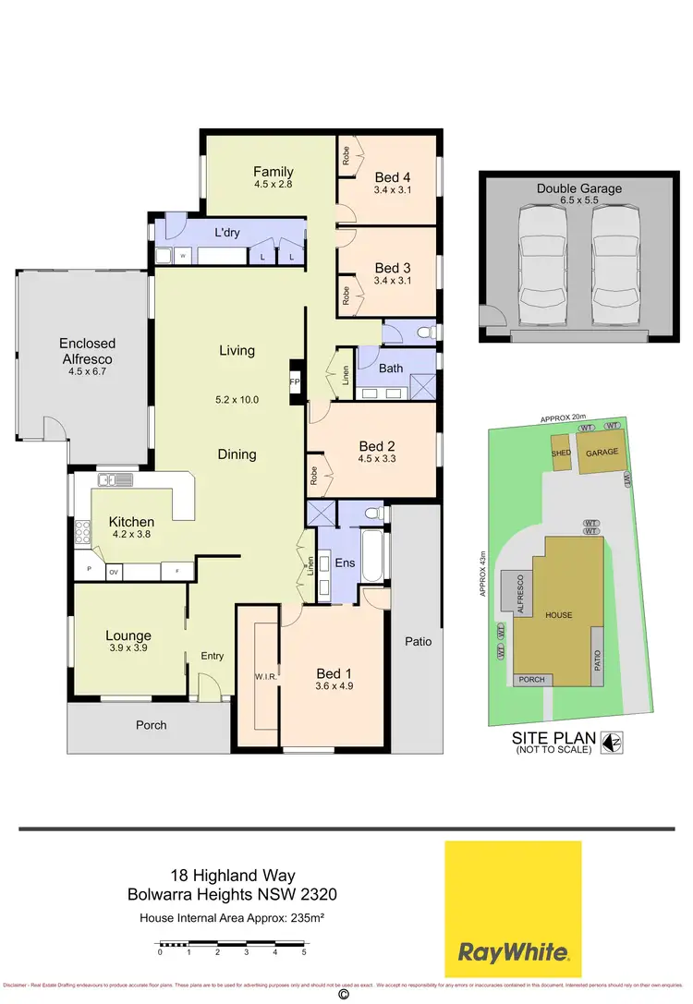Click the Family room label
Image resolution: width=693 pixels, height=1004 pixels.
point(274,171)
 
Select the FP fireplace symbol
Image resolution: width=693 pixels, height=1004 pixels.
point(295,381)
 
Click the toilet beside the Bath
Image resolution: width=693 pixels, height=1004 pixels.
point(424,332)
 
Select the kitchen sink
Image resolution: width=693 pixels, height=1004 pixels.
point(115,479)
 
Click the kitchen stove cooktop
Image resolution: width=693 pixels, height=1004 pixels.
point(82,533)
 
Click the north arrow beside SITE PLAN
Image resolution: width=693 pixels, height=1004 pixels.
point(611,741)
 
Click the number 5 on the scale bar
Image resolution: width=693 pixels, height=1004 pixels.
point(303,951)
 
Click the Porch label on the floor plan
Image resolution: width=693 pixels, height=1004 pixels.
point(152,725)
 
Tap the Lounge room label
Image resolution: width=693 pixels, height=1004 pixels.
point(128,635)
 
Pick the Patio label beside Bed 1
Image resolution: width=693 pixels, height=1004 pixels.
point(418,641)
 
